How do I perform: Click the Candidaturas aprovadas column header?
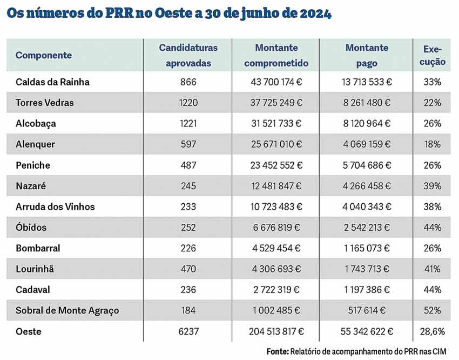click(188, 55)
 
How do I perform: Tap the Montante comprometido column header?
click(276, 55)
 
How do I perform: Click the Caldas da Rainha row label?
click(52, 82)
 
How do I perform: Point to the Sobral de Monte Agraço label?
click(67, 311)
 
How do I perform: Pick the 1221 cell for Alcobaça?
click(188, 124)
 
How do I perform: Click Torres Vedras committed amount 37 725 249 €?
click(276, 103)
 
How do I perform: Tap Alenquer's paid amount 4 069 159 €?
click(366, 144)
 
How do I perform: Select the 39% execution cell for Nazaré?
click(433, 186)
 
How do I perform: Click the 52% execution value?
click(433, 311)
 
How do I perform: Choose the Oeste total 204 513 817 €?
click(276, 331)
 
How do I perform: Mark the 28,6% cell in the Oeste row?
click(433, 331)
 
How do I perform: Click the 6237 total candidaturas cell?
click(188, 331)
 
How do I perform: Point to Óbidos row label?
click(31, 228)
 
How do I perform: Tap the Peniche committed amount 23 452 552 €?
click(276, 165)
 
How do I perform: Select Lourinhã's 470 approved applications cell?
click(188, 269)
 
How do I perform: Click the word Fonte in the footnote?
click(277, 351)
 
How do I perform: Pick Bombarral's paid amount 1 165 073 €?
click(366, 249)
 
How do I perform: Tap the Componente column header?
click(44, 55)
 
